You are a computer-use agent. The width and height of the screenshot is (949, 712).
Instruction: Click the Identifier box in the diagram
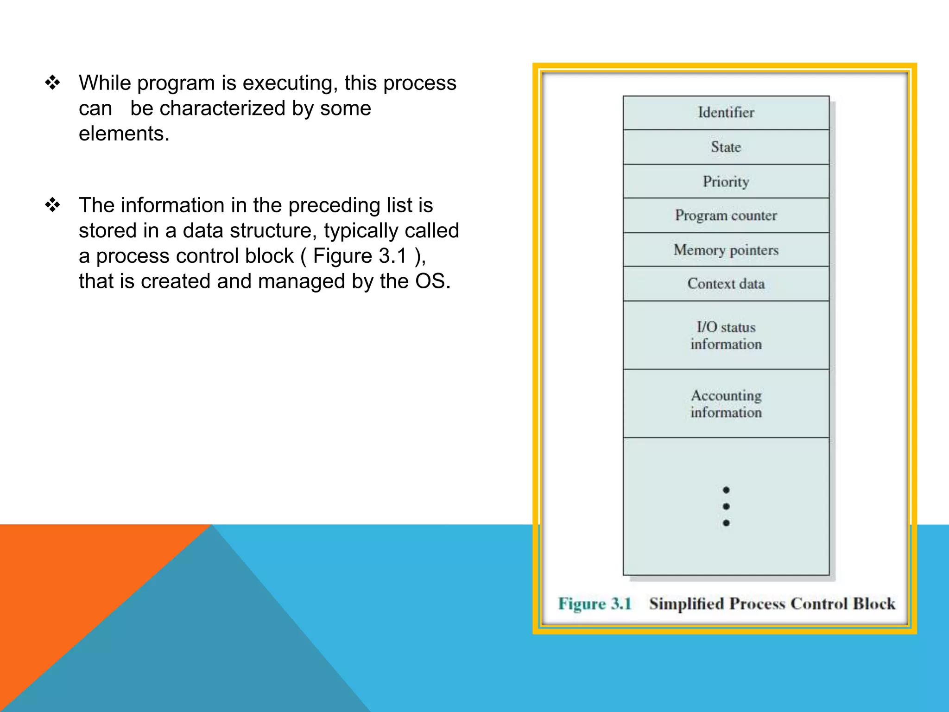pyautogui.click(x=726, y=113)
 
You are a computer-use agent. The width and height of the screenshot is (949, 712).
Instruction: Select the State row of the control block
pyautogui.click(x=726, y=147)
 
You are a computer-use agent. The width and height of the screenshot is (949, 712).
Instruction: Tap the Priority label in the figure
pyautogui.click(x=726, y=181)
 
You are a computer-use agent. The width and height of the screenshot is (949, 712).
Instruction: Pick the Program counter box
pyautogui.click(x=726, y=216)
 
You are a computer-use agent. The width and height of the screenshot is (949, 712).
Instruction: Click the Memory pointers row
pyautogui.click(x=726, y=250)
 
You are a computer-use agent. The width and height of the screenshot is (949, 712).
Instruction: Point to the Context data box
pyautogui.click(x=726, y=284)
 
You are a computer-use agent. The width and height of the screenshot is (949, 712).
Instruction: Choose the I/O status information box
pyautogui.click(x=726, y=335)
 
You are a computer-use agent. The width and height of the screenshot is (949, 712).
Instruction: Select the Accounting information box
pyautogui.click(x=726, y=403)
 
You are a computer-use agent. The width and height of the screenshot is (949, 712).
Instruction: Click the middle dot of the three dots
pyautogui.click(x=726, y=506)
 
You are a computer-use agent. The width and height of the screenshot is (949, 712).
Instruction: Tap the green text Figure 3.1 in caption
pyautogui.click(x=595, y=604)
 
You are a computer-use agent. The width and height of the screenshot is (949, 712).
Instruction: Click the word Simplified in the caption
pyautogui.click(x=687, y=604)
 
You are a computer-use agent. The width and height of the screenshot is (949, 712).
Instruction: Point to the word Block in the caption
pyautogui.click(x=874, y=604)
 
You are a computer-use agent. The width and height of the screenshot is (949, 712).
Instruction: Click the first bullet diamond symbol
pyautogui.click(x=52, y=83)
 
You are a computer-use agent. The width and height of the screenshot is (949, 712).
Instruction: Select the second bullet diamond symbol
pyautogui.click(x=52, y=204)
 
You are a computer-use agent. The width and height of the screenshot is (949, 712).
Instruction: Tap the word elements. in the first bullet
pyautogui.click(x=124, y=134)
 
